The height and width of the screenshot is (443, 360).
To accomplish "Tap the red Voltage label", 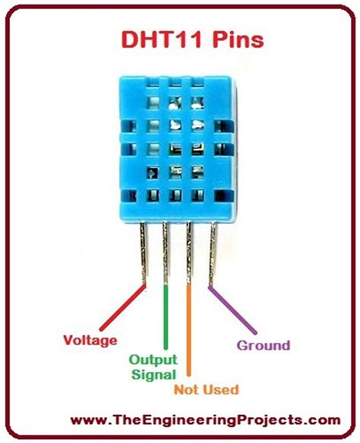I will tap(90, 340).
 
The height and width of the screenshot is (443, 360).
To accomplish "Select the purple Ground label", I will tap(263, 345).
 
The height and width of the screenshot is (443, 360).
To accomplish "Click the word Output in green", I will tap(153, 359).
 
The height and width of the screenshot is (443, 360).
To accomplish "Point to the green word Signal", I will tap(153, 374).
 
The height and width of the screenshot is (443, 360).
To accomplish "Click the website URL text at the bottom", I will tap(180, 419).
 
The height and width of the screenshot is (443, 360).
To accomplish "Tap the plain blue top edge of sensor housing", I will tap(175, 78).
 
